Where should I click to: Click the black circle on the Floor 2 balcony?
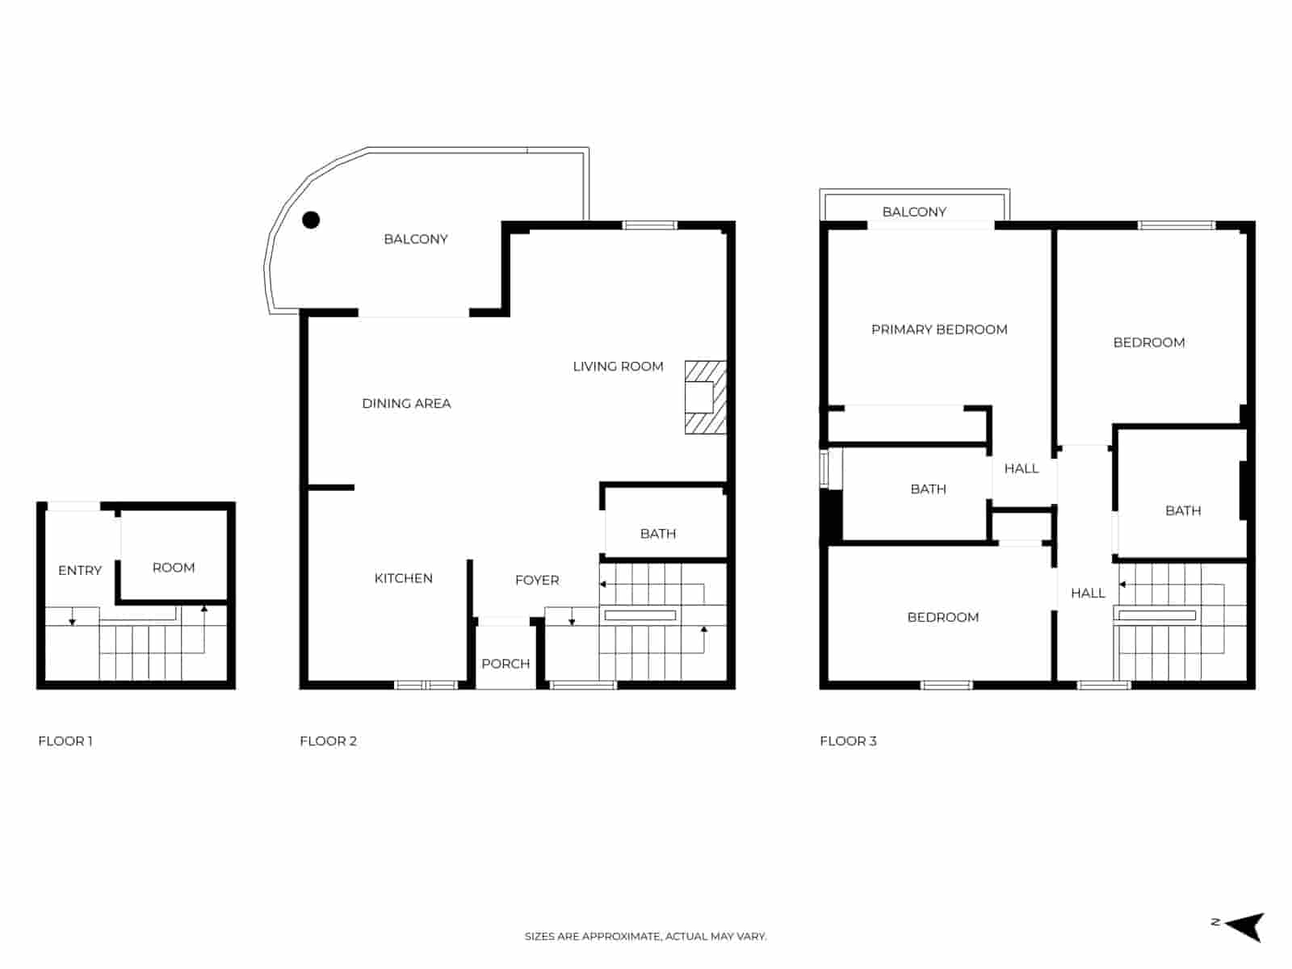[311, 220]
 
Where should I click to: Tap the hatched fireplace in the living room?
[705, 397]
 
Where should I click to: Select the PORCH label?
[505, 664]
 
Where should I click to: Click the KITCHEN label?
[403, 578]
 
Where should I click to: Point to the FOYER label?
[537, 580]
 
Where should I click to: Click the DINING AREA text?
[406, 404]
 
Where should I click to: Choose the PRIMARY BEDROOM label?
[939, 329]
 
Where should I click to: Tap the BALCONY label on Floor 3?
[914, 212]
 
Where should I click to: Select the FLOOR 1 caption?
[65, 741]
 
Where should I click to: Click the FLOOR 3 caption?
[848, 741]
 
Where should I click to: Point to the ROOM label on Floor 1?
[174, 568]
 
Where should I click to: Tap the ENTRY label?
[80, 570]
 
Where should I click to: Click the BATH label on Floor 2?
[658, 534]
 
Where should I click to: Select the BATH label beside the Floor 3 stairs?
[1183, 510]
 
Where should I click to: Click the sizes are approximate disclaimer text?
[645, 937]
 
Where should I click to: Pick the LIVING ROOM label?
[618, 367]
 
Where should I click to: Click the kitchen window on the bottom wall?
[426, 686]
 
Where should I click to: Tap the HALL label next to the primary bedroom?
[1021, 468]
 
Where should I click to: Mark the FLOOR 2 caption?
[328, 741]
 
